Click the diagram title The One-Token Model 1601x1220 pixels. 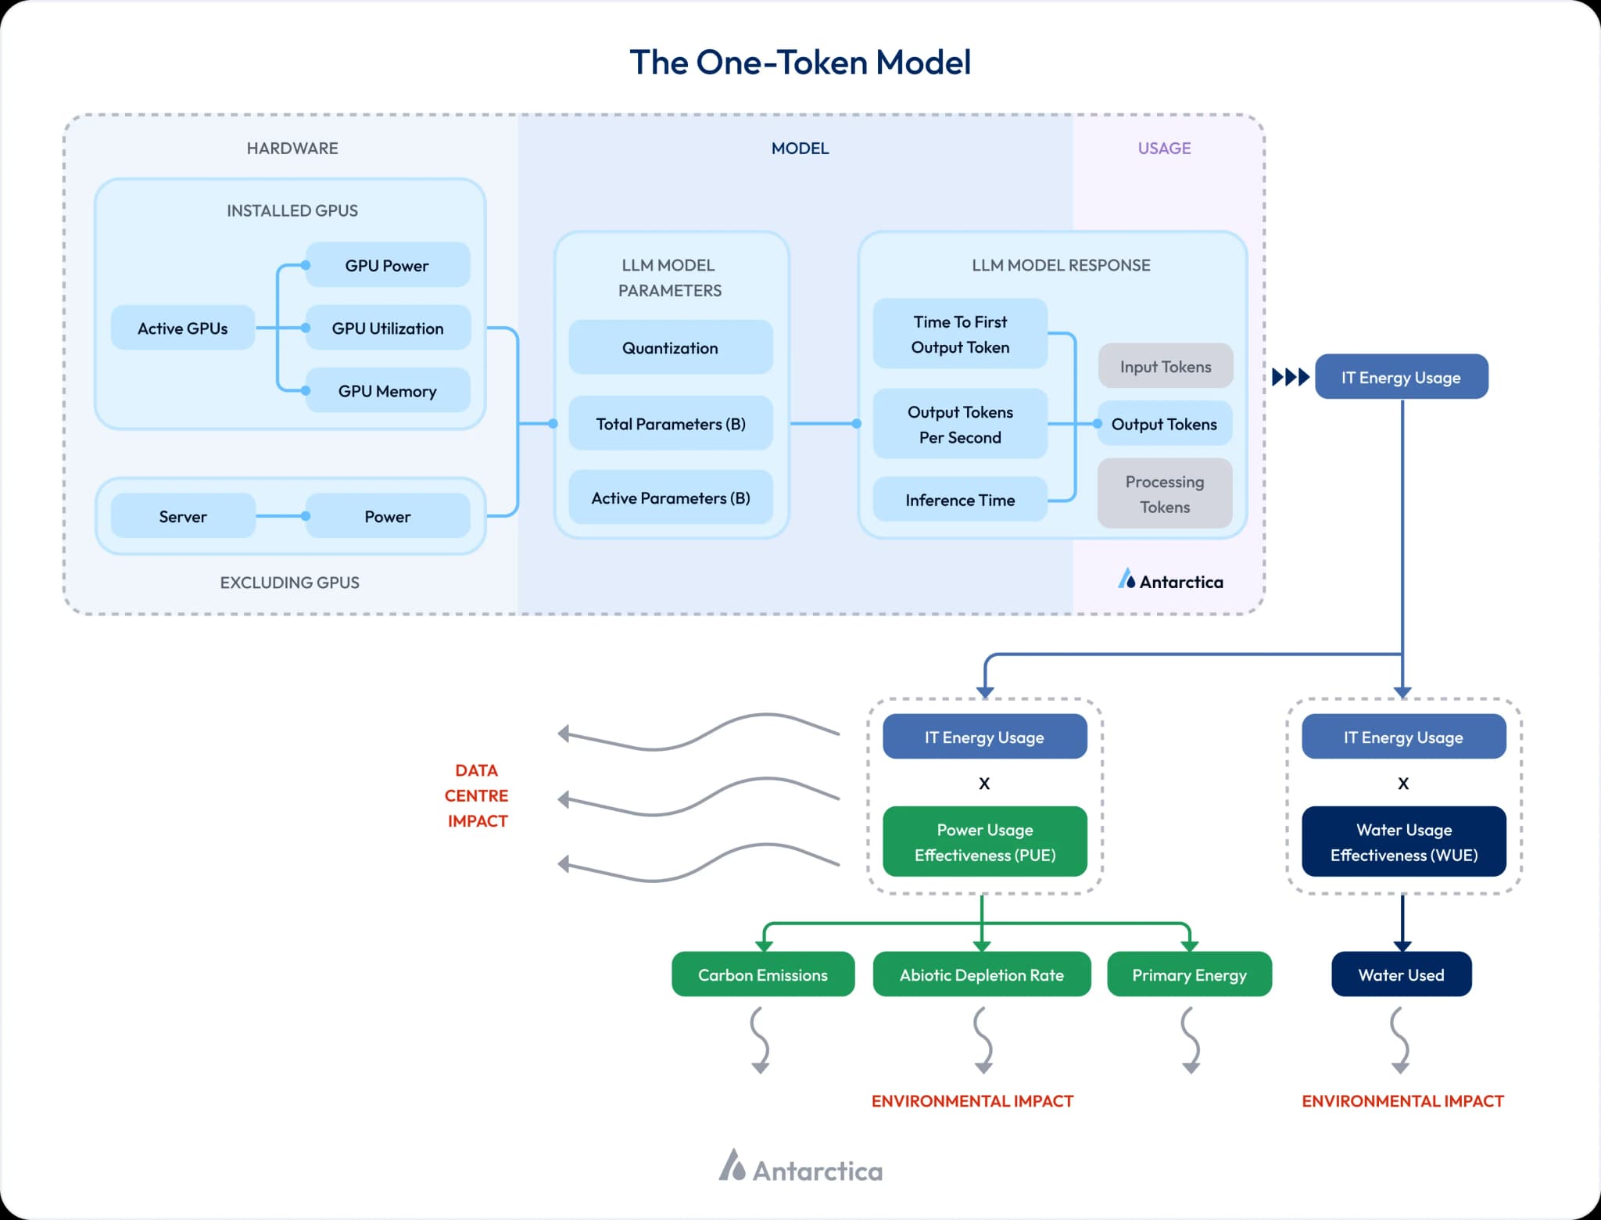coord(800,63)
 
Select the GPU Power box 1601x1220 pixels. coord(387,265)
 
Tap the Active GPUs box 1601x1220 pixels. coord(182,328)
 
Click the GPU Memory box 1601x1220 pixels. coord(387,390)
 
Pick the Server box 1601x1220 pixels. coord(182,516)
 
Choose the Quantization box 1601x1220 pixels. coord(670,347)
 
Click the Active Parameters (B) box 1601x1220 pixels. coord(670,497)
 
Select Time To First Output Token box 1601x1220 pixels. coord(959,334)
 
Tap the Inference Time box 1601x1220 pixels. coord(959,500)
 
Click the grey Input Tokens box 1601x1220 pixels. coord(1165,366)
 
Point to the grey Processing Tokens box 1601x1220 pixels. coord(1164,493)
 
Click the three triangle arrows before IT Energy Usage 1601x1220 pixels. coord(1290,377)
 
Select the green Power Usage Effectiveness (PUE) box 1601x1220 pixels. coord(984,841)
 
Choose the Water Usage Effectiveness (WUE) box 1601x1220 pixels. coord(1403,841)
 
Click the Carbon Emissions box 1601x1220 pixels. coord(762,974)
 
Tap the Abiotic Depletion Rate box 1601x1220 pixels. coord(981,974)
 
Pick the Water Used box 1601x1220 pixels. coord(1401,974)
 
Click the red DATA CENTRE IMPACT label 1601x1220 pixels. coord(476,795)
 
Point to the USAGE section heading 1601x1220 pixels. coord(1164,148)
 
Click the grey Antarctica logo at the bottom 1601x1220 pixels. coord(800,1168)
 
